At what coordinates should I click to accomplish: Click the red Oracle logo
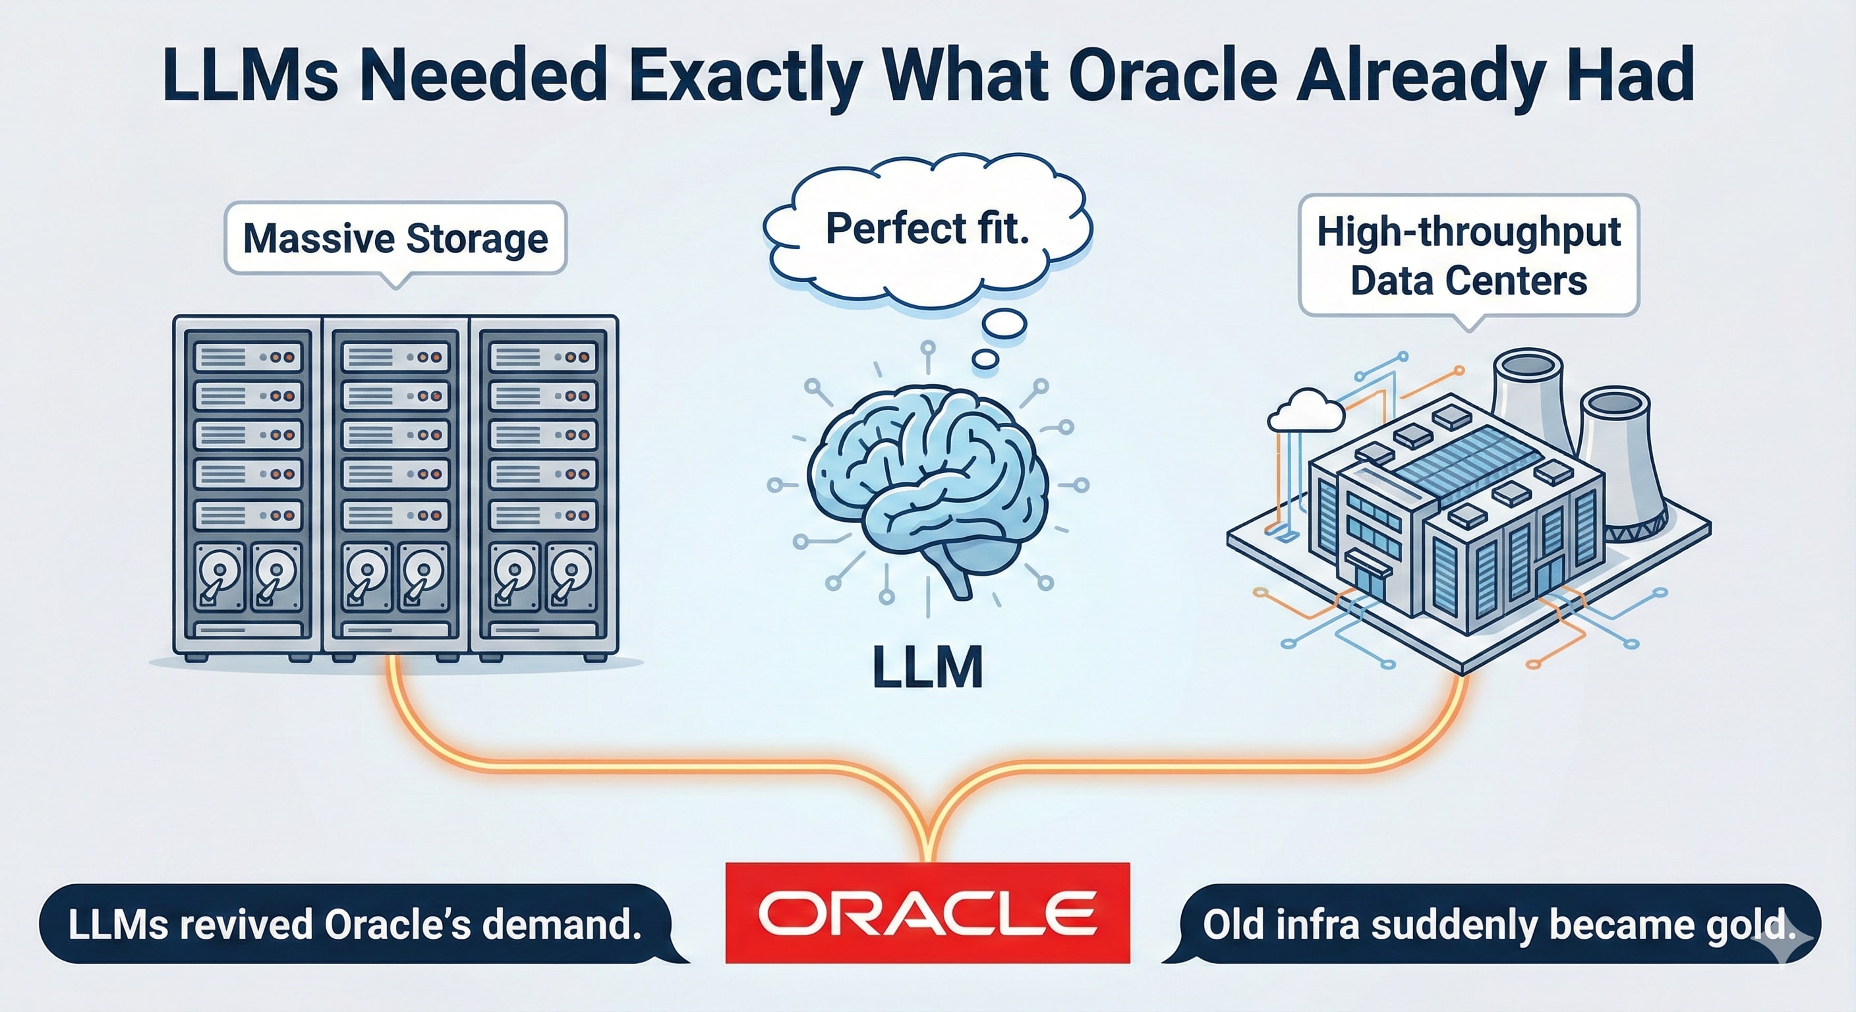point(927,913)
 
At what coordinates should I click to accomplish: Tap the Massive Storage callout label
point(395,239)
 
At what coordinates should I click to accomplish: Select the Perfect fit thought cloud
point(927,229)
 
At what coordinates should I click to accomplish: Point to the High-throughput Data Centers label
point(1468,256)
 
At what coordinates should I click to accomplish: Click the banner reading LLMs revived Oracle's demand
point(355,924)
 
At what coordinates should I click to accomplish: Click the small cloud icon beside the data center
point(1306,412)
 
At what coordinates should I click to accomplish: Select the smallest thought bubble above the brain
point(985,358)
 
